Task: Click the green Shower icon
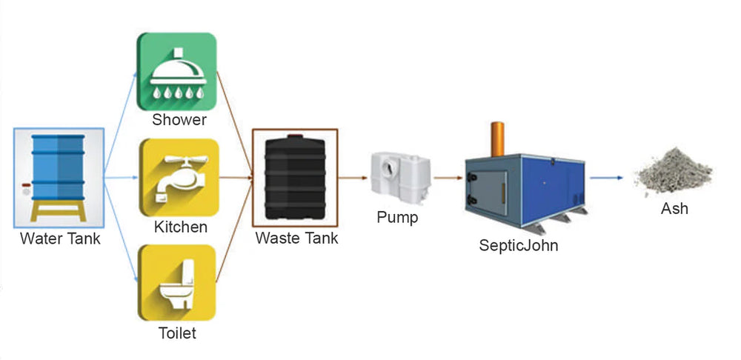point(177,71)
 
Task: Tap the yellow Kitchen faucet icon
point(177,178)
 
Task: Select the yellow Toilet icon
point(177,283)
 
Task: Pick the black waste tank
point(294,178)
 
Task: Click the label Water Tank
point(60,239)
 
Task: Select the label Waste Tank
point(296,239)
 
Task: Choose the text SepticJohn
point(519,245)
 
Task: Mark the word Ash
point(674,209)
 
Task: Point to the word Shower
point(179,120)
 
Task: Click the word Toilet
point(178,333)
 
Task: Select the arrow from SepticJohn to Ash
point(607,178)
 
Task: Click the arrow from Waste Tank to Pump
point(354,178)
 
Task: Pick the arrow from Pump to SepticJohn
point(448,178)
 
